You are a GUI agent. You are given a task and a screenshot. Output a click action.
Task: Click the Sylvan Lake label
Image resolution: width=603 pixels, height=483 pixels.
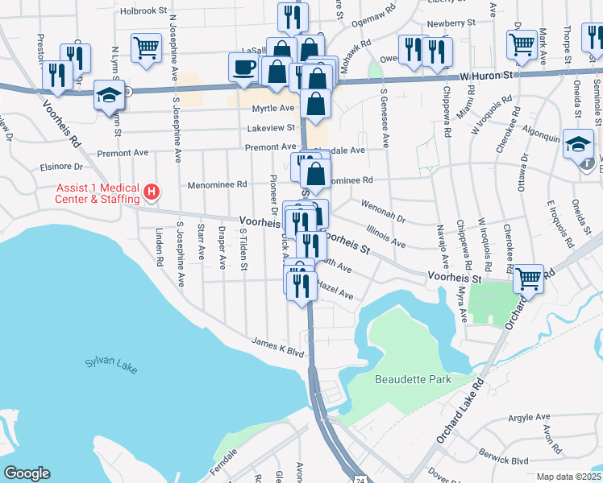coord(111,365)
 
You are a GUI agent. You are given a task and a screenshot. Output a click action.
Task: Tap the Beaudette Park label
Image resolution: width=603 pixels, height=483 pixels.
coord(413,378)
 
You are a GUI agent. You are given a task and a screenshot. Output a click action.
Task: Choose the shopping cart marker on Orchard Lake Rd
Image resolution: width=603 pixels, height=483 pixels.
coord(528,279)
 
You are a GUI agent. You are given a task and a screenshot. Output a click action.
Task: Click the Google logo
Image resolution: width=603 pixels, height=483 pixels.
coord(27,473)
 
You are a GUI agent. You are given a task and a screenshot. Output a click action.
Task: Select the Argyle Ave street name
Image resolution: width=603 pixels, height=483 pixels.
coord(528,417)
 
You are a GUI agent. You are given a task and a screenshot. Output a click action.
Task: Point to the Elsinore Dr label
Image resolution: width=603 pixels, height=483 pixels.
coord(60,168)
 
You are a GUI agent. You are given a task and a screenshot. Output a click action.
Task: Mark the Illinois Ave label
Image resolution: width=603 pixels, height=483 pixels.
coord(385,237)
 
